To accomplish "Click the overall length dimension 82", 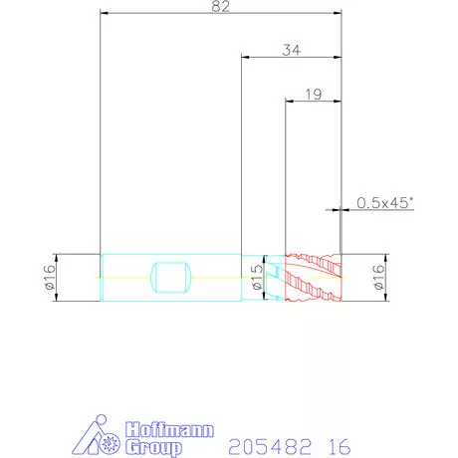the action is point(221,6).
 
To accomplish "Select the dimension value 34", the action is point(292,50).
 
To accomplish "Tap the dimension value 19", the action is point(314,95).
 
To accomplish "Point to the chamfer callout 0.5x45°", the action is point(385,203).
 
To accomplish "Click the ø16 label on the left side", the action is point(50,277).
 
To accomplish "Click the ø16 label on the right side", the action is point(379,277).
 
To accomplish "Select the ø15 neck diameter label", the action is point(257,278).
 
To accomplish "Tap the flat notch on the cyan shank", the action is point(171,278).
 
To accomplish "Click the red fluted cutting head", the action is point(314,278).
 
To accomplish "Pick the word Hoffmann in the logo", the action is point(169,430).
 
